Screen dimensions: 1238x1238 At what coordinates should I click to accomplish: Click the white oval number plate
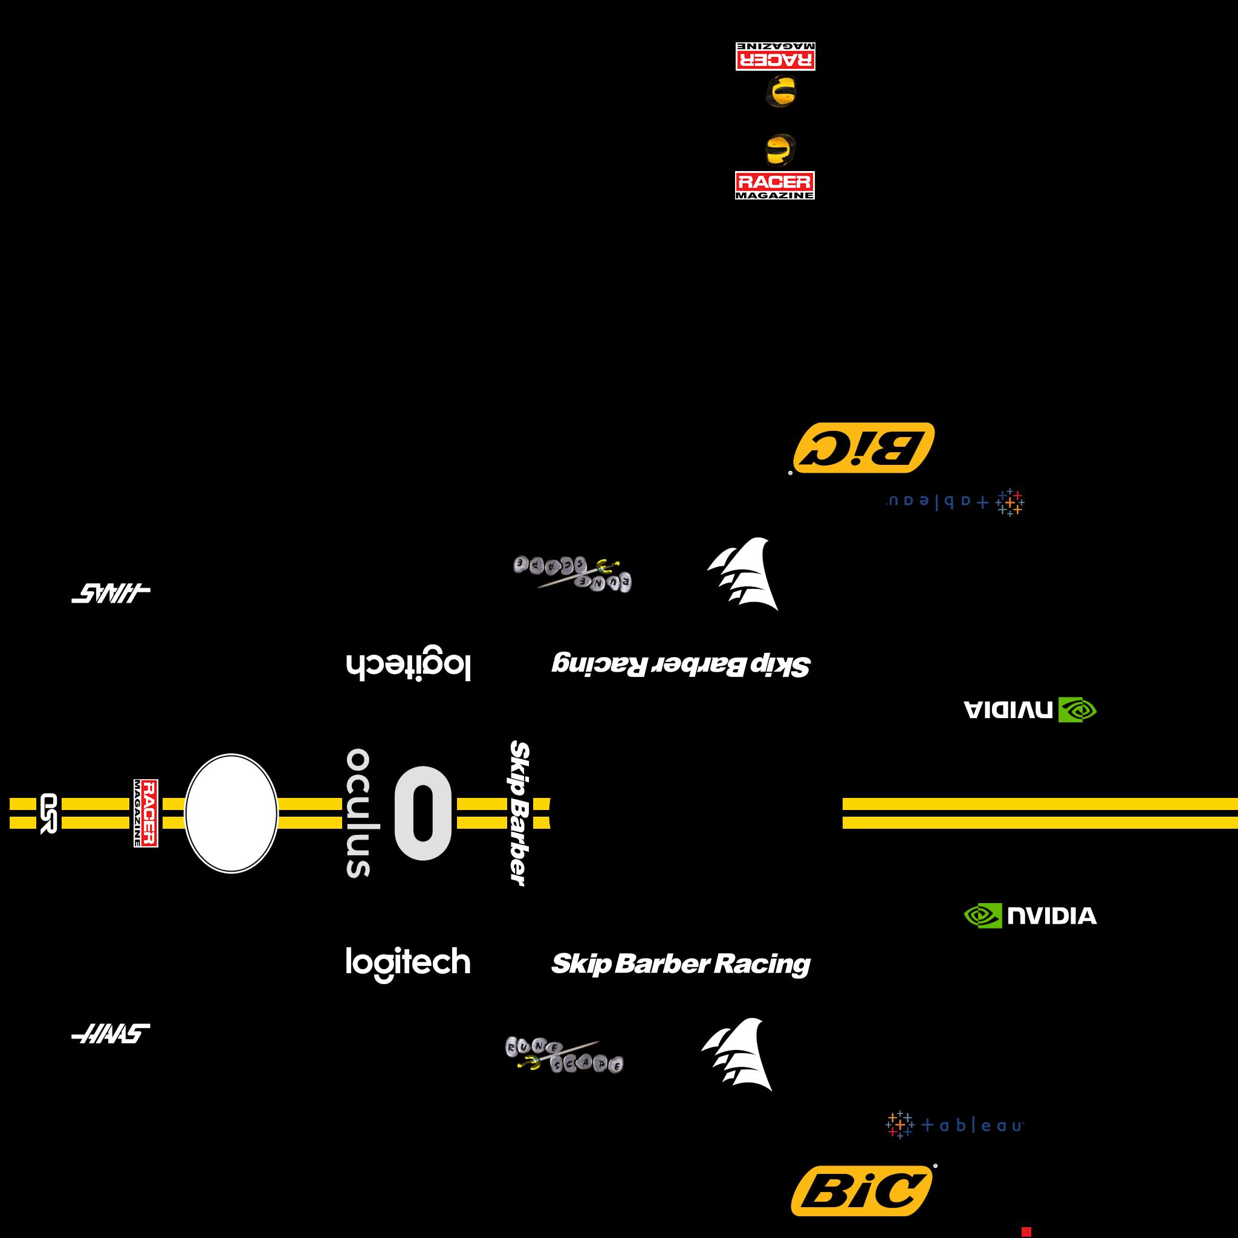(232, 813)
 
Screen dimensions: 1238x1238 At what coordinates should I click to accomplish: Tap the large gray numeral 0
(423, 813)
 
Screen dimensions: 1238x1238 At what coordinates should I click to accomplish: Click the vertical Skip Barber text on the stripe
(520, 813)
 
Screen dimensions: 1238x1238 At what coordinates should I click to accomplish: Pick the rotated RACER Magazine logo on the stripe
(146, 813)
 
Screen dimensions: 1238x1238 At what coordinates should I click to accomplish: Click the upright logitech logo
(408, 963)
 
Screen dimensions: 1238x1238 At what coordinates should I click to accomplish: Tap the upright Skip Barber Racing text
(681, 964)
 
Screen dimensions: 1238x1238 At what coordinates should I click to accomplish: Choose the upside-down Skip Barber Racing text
(681, 664)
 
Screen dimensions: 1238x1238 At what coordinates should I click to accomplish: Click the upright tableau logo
(954, 1124)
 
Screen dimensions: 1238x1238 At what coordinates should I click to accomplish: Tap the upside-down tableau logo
(954, 502)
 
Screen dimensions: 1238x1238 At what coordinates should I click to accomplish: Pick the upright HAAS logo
(111, 1034)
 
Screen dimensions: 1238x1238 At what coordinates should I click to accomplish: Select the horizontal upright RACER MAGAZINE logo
(775, 185)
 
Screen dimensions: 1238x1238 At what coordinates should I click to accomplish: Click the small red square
(1026, 1231)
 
